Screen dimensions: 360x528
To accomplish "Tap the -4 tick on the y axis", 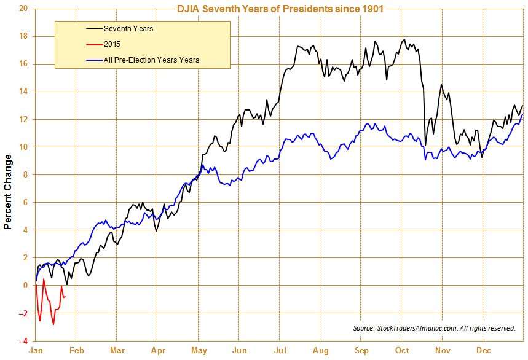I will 23,341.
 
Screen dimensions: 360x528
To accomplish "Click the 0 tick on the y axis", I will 25,286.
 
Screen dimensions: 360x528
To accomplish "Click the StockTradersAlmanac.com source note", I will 434,329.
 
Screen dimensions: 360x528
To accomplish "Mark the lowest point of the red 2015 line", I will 53,324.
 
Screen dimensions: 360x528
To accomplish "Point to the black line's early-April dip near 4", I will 157,230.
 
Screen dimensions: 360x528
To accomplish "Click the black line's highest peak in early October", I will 404,40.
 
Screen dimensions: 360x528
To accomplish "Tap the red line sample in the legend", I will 93,44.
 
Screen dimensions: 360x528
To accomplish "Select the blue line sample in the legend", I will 93,60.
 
